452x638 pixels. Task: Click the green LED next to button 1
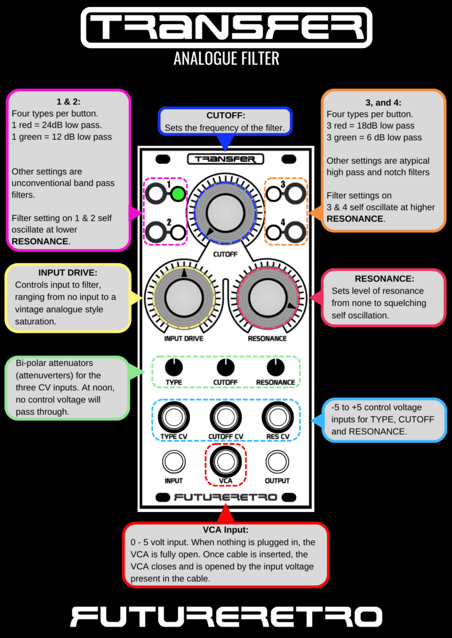point(179,195)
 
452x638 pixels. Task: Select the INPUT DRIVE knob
point(184,296)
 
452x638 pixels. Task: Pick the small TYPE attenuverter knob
point(174,367)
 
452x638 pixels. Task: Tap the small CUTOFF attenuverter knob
point(225,367)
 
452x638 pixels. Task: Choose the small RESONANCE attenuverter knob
point(275,367)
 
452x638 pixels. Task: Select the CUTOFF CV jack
point(225,417)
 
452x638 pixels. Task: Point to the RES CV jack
point(277,417)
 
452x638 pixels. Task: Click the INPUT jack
point(173,461)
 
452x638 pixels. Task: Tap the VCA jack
point(225,461)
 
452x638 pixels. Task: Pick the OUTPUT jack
point(277,461)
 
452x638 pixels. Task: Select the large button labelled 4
point(296,232)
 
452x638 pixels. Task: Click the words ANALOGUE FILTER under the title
point(226,58)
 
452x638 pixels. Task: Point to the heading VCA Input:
point(225,530)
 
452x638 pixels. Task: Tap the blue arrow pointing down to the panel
point(225,141)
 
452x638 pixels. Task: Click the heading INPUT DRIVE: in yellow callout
point(68,274)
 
